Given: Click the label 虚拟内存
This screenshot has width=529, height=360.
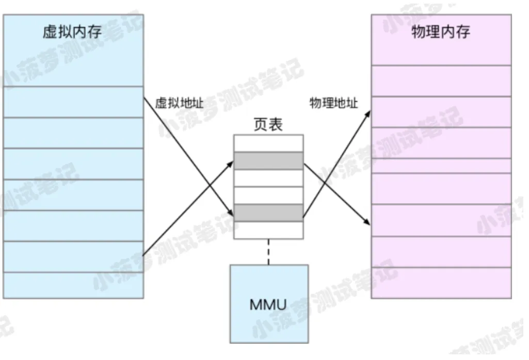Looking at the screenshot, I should coord(72,32).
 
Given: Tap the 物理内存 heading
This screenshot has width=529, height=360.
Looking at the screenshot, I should coord(441,32).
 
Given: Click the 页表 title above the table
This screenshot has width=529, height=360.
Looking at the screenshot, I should coord(268,125).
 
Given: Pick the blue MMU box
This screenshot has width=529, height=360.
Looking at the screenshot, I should coord(268,303).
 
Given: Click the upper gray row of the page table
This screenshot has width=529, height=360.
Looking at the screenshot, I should coord(268,161).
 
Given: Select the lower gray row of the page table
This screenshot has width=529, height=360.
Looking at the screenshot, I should coord(268,213).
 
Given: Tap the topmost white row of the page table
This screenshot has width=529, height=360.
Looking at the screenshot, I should coord(268,143).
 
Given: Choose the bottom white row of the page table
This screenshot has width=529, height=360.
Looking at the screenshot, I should coord(268,230).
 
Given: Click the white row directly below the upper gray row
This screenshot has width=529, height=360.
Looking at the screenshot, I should coord(268,178).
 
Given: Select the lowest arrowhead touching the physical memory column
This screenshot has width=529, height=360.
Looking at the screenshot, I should coord(367,222).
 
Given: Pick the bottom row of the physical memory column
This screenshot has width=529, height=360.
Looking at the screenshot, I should coord(441,283).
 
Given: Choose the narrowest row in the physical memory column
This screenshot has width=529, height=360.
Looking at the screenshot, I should coord(441,166).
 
